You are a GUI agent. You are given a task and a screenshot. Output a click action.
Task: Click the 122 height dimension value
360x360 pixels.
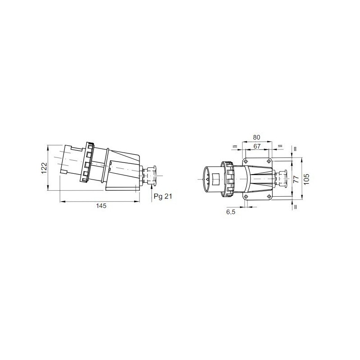pyautogui.click(x=44, y=167)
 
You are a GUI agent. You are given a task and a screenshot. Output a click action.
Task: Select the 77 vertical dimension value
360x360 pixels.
pyautogui.click(x=296, y=179)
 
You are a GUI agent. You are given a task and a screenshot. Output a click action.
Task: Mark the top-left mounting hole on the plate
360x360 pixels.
pyautogui.click(x=246, y=161)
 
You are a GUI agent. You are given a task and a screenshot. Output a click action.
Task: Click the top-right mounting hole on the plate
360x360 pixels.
pyautogui.click(x=269, y=161)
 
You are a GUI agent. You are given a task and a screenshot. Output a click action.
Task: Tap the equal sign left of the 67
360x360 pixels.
pyautogui.click(x=234, y=146)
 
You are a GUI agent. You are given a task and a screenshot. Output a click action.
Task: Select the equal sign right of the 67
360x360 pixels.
pyautogui.click(x=280, y=146)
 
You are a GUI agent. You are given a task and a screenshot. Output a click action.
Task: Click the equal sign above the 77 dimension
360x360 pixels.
pyautogui.click(x=295, y=148)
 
